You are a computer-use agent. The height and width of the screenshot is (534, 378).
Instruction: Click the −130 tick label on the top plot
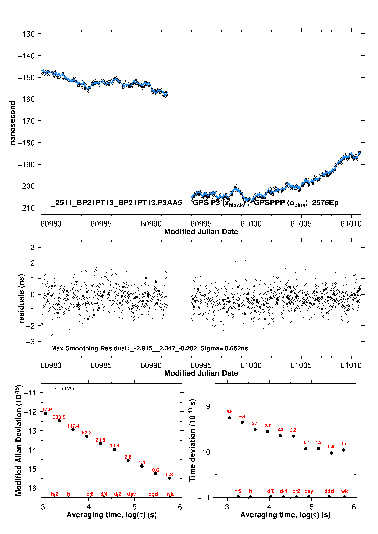pos(26,34)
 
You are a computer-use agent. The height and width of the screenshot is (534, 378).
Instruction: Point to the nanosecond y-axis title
pos(12,123)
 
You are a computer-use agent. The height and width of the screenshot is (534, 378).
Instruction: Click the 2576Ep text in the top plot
pos(325,203)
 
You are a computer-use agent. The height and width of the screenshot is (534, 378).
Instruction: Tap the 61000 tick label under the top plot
pos(251,224)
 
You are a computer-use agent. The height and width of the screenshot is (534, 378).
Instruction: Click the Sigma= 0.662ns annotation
pos(224,348)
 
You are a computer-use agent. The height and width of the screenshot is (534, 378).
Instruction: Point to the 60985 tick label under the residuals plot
pos(101,365)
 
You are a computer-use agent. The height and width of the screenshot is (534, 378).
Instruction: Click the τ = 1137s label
pos(64,389)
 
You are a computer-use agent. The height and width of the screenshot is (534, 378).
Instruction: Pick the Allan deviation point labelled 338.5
pos(59,421)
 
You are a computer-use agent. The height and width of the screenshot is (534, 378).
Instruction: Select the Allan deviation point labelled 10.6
pos(114,450)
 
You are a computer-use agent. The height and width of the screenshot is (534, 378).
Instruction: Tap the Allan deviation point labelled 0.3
pos(169,478)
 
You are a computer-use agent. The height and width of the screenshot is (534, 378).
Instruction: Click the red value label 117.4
pos(73,426)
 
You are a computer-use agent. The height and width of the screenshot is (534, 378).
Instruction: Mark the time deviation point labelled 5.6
pos(230,418)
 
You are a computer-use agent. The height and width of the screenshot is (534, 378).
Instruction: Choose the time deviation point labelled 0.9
pos(331,453)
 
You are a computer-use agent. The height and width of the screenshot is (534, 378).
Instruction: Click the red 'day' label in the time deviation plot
pos(309,491)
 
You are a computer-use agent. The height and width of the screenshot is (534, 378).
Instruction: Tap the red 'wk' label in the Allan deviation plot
pos(170,494)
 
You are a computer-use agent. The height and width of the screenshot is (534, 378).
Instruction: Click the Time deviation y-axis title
pos(192,440)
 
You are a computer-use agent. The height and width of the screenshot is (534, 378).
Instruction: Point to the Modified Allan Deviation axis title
pos(19,440)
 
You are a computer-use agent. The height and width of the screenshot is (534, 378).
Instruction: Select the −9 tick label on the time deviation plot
pos(206,406)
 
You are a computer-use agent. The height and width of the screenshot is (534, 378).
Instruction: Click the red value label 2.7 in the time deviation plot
pos(268,426)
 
